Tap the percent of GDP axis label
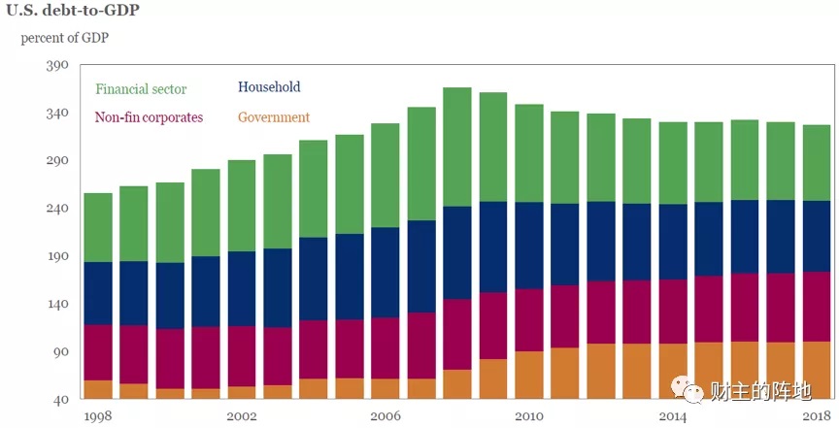click(65, 39)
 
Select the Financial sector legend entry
click(141, 89)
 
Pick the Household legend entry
click(269, 86)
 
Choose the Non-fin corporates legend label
click(149, 117)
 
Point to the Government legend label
click(274, 116)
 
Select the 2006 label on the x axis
click(386, 416)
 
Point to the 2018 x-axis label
click(817, 416)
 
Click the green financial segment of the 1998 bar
click(98, 227)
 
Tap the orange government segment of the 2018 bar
click(817, 370)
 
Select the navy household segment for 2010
click(529, 246)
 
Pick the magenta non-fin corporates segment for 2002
click(242, 356)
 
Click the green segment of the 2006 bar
click(386, 176)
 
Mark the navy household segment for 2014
click(673, 242)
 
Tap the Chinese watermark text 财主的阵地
click(761, 392)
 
